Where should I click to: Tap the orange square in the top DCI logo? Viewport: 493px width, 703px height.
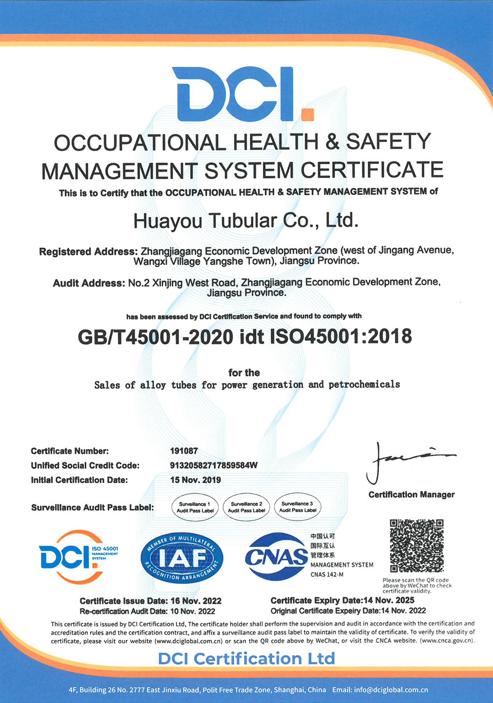pyautogui.click(x=307, y=114)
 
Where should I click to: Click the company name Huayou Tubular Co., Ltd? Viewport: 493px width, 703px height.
pyautogui.click(x=246, y=221)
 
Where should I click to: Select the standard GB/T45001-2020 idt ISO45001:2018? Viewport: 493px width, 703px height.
pyautogui.click(x=245, y=336)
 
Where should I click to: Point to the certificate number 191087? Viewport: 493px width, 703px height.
pyautogui.click(x=184, y=451)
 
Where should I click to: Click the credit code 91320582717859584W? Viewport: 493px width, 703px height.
pyautogui.click(x=213, y=465)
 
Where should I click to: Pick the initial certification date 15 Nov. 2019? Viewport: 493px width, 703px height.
pyautogui.click(x=195, y=480)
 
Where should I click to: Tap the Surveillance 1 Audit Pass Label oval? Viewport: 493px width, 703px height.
pyautogui.click(x=195, y=507)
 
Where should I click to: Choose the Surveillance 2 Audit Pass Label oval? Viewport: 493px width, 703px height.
pyautogui.click(x=246, y=507)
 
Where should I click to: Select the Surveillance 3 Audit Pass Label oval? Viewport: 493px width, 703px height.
pyautogui.click(x=298, y=507)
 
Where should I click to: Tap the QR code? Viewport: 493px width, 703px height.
pyautogui.click(x=417, y=546)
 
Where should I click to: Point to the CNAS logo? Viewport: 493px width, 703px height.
pyautogui.click(x=277, y=556)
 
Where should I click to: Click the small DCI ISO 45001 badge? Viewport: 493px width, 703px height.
pyautogui.click(x=78, y=557)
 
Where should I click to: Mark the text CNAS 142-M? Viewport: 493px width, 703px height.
pyautogui.click(x=327, y=574)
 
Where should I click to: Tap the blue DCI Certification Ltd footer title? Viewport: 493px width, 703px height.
pyautogui.click(x=246, y=659)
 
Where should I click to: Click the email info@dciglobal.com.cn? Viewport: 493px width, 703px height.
pyautogui.click(x=391, y=690)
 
